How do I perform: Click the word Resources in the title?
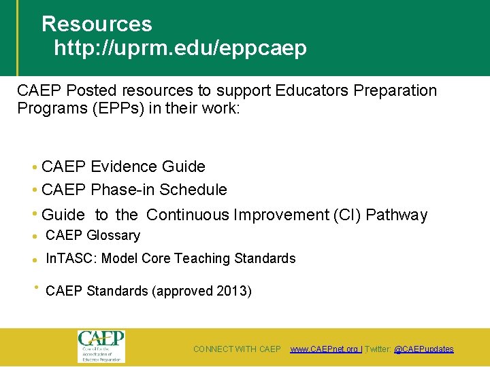tap(97, 24)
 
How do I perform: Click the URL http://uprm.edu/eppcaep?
tap(180, 49)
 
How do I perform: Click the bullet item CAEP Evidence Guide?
tap(123, 167)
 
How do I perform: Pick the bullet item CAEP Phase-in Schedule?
tap(134, 190)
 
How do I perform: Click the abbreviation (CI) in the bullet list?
tap(347, 215)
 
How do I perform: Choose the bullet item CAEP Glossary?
tap(93, 236)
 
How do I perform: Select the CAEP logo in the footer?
tap(101, 345)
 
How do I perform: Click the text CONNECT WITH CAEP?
tap(237, 349)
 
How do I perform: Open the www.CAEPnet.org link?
tap(325, 349)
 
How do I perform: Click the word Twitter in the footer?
tap(378, 349)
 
